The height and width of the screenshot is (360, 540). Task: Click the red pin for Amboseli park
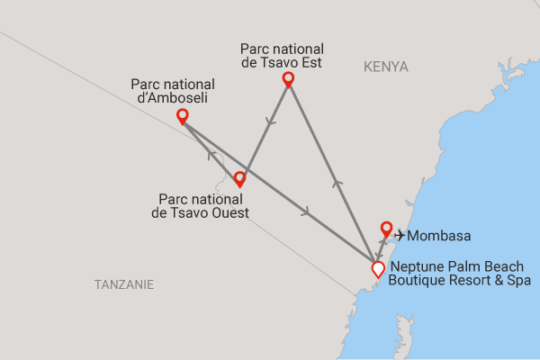coord(183,116)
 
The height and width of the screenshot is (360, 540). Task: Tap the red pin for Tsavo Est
coord(288,78)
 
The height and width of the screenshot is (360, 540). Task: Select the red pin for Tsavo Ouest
coord(239,178)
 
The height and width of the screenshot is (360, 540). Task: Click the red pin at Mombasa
coord(386,229)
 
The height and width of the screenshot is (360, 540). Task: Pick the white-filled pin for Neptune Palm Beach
coord(378,267)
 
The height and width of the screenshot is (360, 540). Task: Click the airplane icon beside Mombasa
coord(400,236)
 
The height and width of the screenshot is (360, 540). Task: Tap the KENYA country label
coord(386,67)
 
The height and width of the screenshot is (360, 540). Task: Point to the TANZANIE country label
coord(124,284)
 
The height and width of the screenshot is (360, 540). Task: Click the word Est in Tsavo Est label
coord(311,64)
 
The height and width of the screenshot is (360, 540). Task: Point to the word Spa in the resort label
coord(517,281)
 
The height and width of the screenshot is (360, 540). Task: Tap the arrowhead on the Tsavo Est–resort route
coord(337,184)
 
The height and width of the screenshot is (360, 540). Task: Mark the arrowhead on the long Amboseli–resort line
coord(308,212)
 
